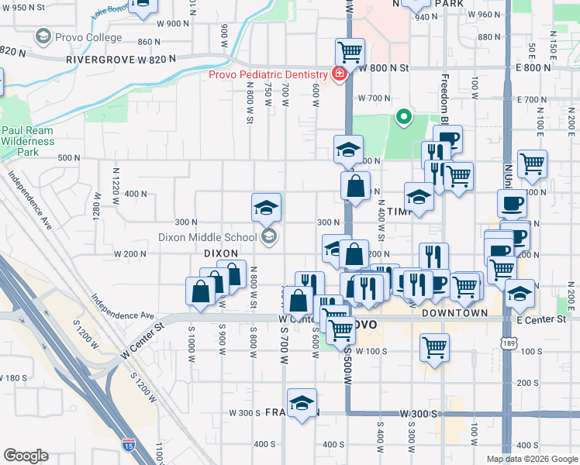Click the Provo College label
(x=87, y=37)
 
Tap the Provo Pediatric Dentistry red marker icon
(x=338, y=74)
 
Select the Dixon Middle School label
(x=208, y=237)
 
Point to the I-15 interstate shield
(x=127, y=445)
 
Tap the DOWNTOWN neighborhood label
(x=454, y=313)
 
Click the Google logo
(x=26, y=455)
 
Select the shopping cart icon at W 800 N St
(x=350, y=53)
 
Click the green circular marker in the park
(x=403, y=118)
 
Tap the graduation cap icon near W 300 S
(x=302, y=402)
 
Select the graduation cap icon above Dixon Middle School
(x=266, y=207)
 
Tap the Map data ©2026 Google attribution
(x=532, y=459)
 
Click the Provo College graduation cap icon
(x=43, y=37)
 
